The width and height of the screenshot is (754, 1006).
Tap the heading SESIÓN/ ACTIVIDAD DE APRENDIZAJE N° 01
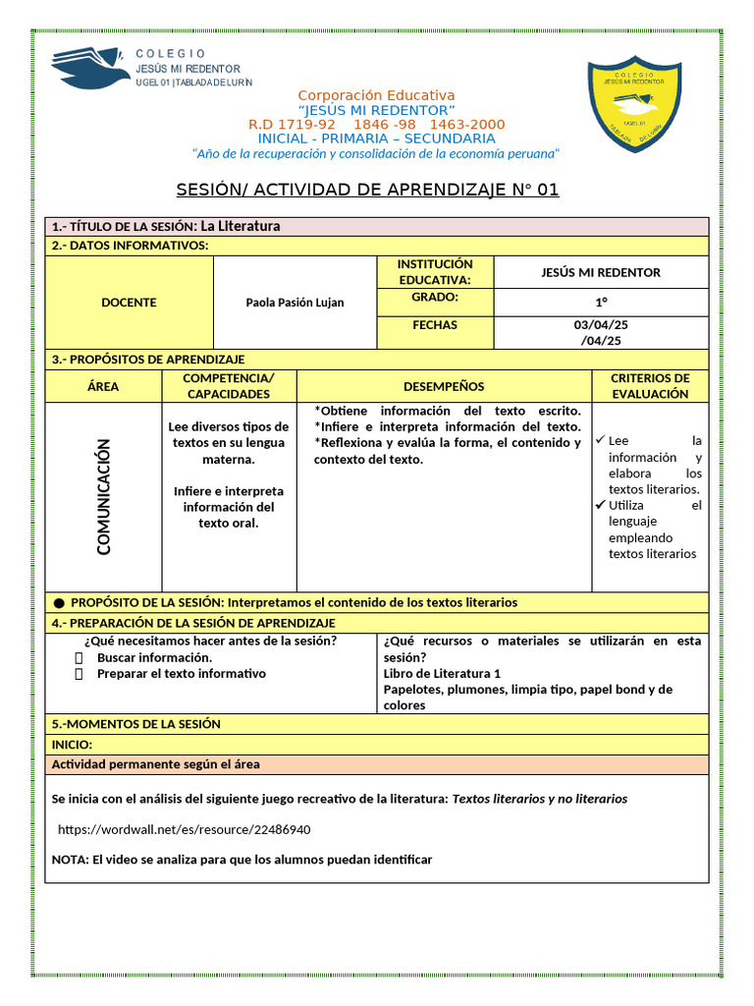367,190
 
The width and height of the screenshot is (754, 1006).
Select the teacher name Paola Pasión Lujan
295,303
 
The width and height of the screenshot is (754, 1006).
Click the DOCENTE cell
129,303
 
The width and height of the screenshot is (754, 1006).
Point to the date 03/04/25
601,325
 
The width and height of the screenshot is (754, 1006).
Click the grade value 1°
601,303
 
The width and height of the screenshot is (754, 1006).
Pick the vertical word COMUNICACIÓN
104,497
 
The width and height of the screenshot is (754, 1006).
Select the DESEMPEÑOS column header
444,387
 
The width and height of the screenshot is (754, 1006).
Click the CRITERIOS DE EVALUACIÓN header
650,386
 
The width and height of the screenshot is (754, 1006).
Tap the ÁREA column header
103,387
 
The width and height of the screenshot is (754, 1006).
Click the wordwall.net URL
185,829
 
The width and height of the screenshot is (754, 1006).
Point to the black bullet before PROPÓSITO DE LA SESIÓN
59,602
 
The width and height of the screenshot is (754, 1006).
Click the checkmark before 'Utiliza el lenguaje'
600,505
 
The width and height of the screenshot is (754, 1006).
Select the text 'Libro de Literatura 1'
442,674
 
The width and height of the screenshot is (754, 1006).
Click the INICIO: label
72,745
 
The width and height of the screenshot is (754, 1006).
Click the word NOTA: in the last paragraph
70,860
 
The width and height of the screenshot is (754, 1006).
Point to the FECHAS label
435,325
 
